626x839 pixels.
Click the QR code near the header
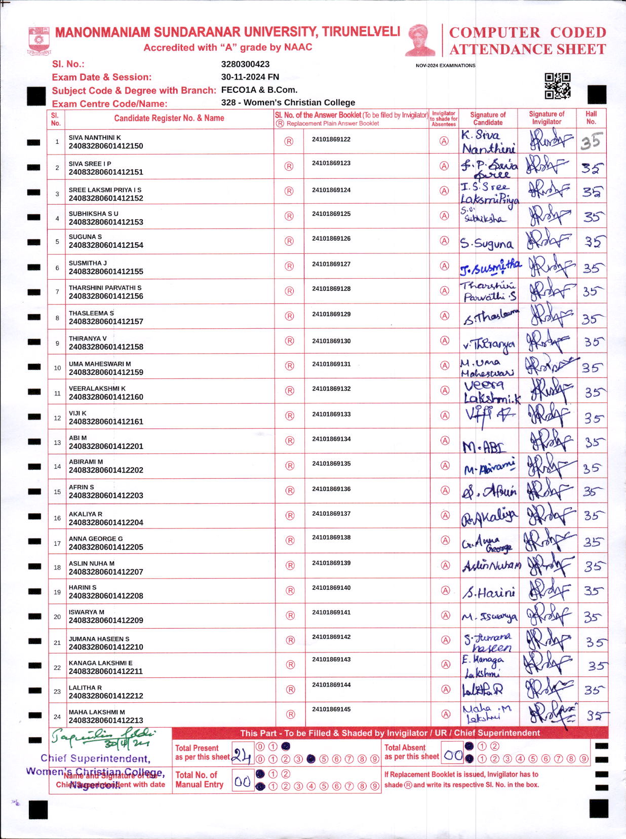tap(557, 86)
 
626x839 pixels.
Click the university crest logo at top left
tap(39, 40)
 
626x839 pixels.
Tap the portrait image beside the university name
tap(420, 40)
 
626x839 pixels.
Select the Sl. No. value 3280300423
tap(245, 64)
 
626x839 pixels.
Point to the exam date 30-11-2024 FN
tap(250, 77)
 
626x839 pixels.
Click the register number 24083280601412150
tap(106, 146)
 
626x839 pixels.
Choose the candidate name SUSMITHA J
tap(88, 263)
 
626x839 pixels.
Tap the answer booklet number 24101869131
tap(331, 364)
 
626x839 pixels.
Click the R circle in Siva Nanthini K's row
tap(289, 141)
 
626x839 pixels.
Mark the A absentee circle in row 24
tap(446, 714)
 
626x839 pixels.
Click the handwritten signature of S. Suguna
tap(486, 244)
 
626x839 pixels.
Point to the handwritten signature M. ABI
tap(484, 446)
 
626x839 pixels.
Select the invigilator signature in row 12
tap(548, 416)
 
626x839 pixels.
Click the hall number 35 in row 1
tap(591, 141)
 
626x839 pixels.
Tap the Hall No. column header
tap(591, 118)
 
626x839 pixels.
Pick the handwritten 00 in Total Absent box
tap(453, 755)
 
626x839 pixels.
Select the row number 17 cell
tap(57, 543)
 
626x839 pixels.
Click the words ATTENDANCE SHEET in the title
tap(527, 49)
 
